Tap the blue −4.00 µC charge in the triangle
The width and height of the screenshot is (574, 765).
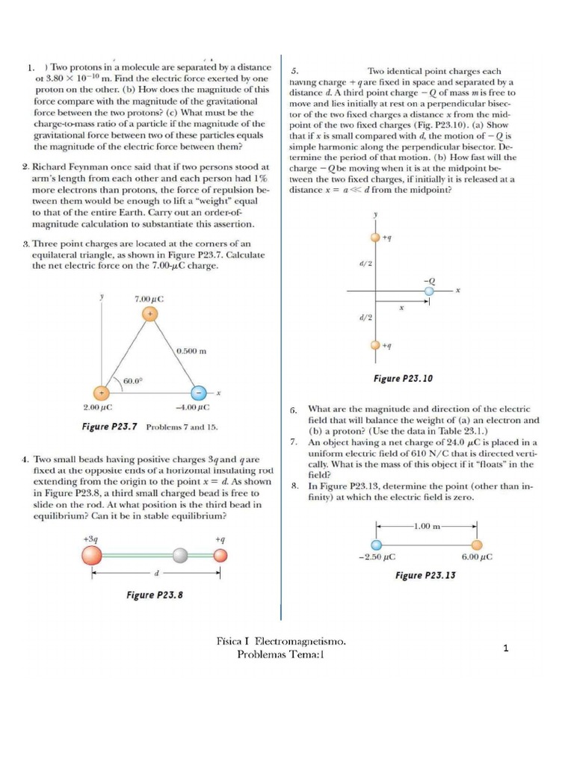pyautogui.click(x=197, y=393)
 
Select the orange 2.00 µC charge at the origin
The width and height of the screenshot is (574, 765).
pyautogui.click(x=100, y=393)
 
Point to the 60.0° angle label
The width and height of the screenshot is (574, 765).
pyautogui.click(x=133, y=381)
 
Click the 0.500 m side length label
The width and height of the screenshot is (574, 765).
pyautogui.click(x=192, y=350)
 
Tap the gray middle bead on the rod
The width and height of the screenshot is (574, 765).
pyautogui.click(x=180, y=555)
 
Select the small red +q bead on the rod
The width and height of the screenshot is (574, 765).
pyautogui.click(x=220, y=555)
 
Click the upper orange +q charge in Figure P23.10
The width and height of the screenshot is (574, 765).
pyautogui.click(x=375, y=238)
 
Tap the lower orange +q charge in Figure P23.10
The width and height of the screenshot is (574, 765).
pyautogui.click(x=375, y=345)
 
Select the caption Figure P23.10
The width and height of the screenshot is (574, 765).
pyautogui.click(x=403, y=379)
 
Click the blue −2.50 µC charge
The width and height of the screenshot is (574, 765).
pyautogui.click(x=377, y=544)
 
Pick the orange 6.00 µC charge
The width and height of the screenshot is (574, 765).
pyautogui.click(x=476, y=544)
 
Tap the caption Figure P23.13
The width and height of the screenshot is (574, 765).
pyautogui.click(x=426, y=575)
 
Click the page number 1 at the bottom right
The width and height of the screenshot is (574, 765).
pyautogui.click(x=506, y=648)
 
